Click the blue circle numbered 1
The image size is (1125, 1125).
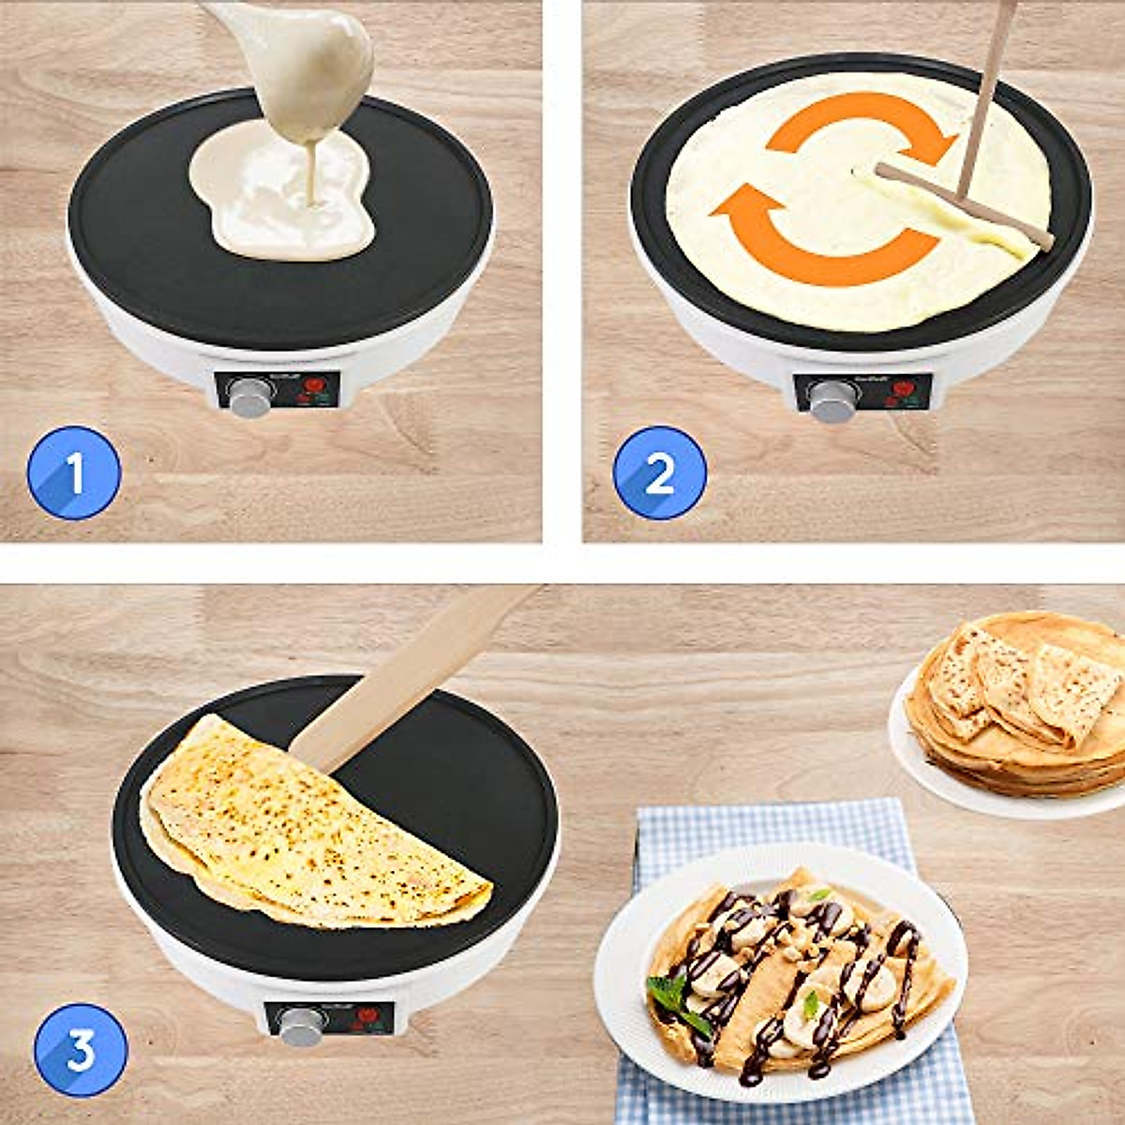point(74,472)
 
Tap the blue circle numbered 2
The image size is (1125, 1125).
point(659,472)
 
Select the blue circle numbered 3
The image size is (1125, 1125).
point(81,1050)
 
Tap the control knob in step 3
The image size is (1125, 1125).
point(301,1027)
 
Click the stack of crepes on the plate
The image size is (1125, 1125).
point(1022,703)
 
